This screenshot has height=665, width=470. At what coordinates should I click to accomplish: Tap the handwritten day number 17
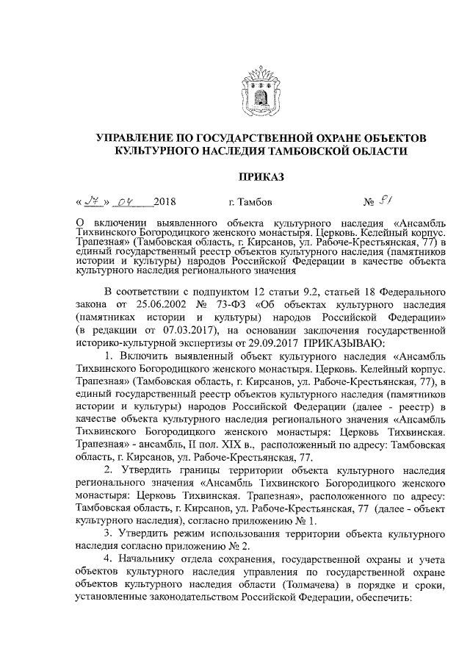click(93, 201)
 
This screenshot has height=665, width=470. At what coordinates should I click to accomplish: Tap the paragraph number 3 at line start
click(108, 531)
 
